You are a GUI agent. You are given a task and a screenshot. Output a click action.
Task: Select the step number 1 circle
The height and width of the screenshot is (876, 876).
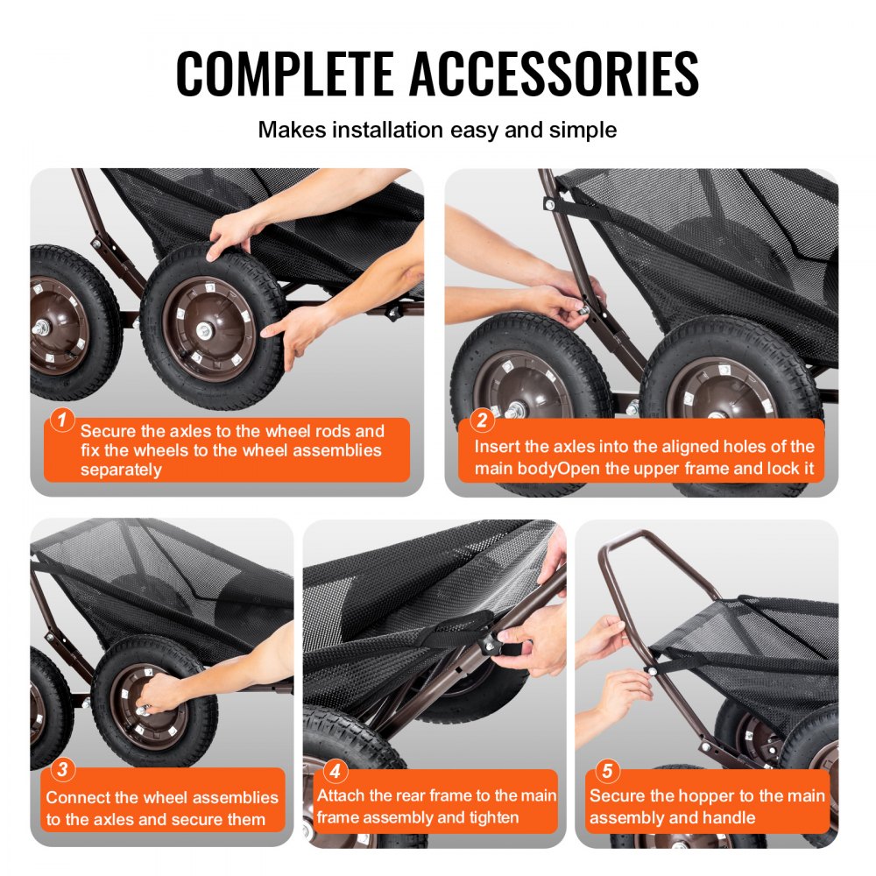tap(61, 420)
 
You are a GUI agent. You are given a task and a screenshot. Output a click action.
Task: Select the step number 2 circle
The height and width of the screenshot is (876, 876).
tap(481, 420)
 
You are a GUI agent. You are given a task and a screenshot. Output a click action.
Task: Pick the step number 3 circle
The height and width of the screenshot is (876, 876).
tap(61, 772)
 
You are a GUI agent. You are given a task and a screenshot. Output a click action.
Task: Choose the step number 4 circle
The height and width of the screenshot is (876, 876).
tap(334, 772)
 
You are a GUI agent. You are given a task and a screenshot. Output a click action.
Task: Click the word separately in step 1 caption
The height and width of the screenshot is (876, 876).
tap(121, 470)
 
